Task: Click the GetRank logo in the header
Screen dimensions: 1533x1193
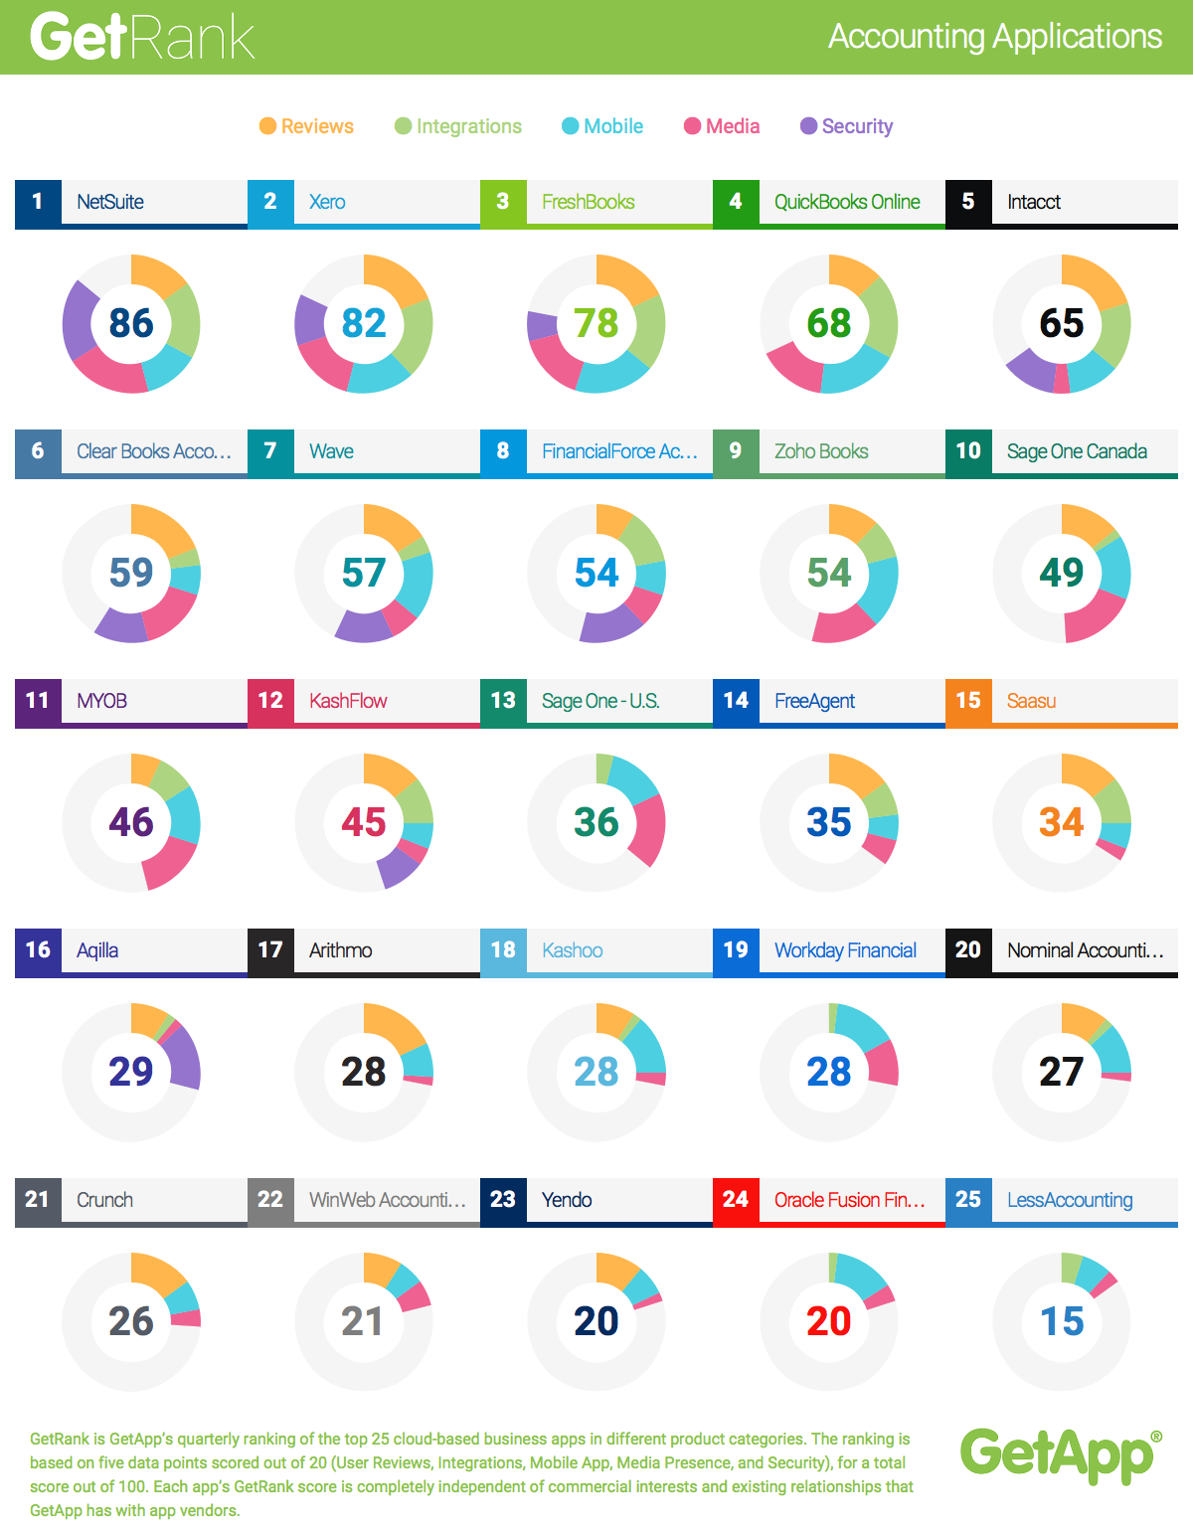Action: point(142,37)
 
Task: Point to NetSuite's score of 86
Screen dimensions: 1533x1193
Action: point(131,323)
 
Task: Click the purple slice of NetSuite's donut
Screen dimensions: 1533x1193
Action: point(80,318)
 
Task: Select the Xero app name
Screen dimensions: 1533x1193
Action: point(327,202)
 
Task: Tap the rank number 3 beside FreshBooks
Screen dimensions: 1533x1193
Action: point(503,202)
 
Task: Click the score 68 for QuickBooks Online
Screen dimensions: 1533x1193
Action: point(829,323)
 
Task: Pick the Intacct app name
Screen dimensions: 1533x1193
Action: point(1034,202)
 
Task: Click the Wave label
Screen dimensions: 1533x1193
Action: point(331,451)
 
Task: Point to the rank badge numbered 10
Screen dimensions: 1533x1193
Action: point(968,451)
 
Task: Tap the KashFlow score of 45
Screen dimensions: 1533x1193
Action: point(364,822)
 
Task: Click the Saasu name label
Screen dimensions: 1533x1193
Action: point(1031,701)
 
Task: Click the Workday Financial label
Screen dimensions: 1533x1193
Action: point(845,950)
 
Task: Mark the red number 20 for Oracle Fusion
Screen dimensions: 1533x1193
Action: point(829,1321)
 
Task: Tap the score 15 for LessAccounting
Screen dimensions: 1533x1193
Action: point(1062,1321)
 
